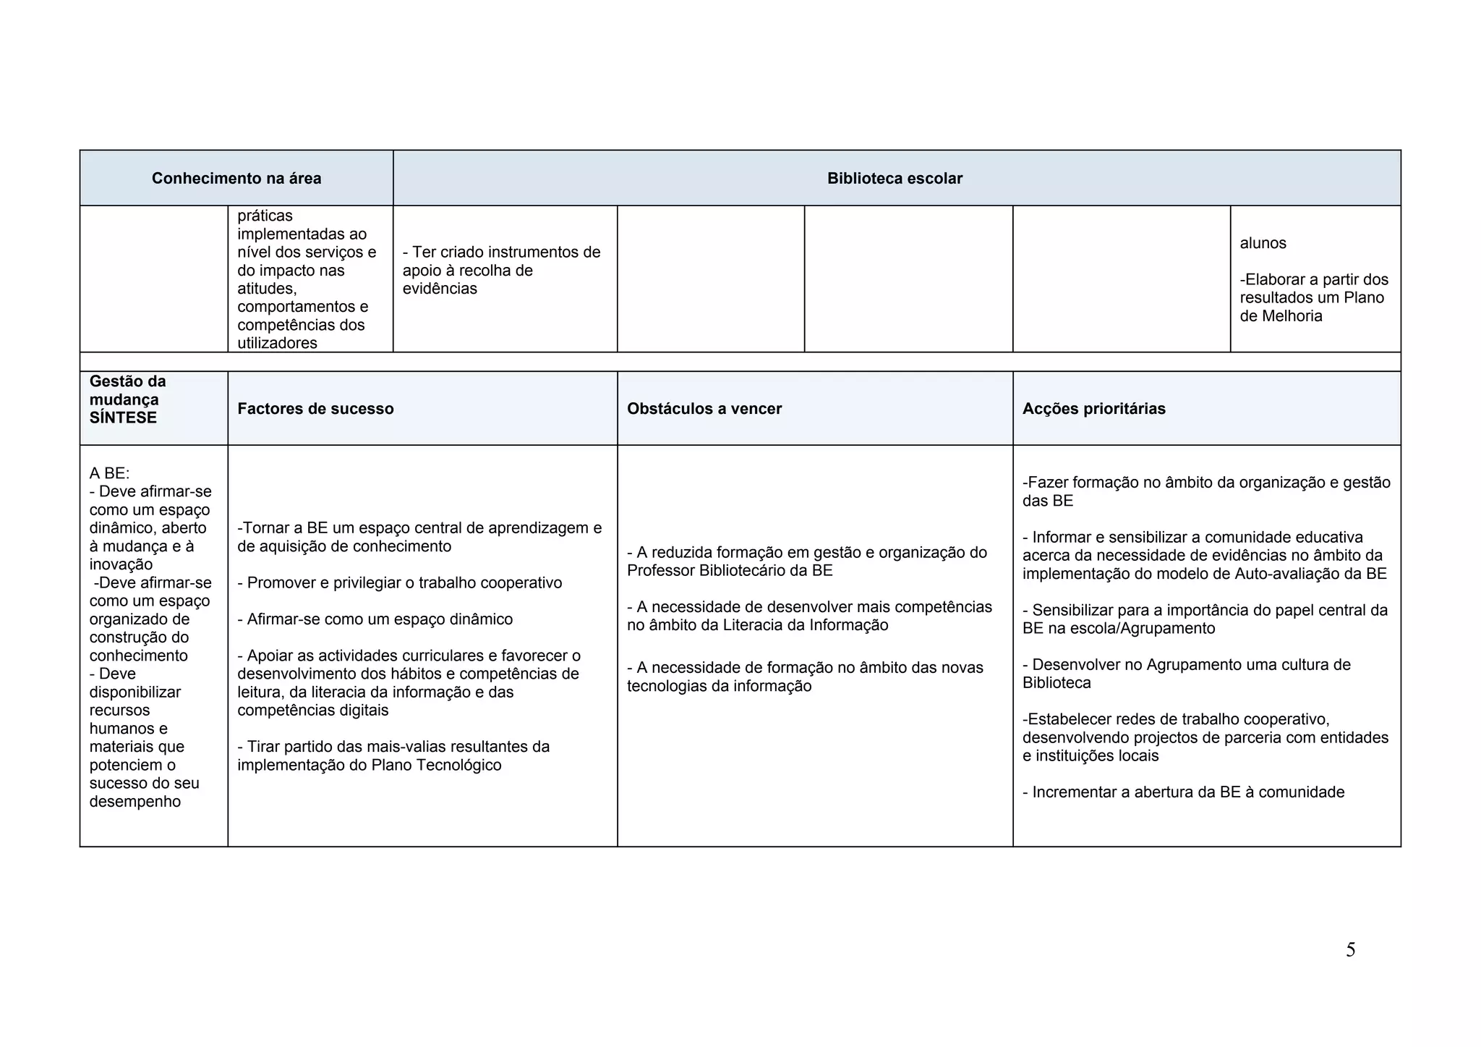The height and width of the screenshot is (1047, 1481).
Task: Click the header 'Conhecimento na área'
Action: [x=236, y=179]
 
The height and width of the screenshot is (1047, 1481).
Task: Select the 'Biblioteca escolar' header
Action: [x=895, y=179]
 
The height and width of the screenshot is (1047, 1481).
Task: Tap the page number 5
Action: [x=1350, y=950]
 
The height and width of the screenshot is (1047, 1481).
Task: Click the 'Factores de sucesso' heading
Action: [x=315, y=409]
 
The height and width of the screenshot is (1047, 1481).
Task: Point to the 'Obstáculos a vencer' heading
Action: [x=704, y=409]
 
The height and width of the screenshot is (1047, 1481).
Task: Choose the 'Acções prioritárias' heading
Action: [x=1093, y=409]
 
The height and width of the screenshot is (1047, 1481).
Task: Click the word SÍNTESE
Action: [x=123, y=418]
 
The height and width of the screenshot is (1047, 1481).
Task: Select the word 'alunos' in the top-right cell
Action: [x=1263, y=243]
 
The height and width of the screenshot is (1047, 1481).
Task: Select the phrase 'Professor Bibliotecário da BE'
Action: [x=730, y=571]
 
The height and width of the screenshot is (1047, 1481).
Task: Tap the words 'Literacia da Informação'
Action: [x=805, y=626]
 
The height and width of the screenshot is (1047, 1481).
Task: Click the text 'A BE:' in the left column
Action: [x=109, y=474]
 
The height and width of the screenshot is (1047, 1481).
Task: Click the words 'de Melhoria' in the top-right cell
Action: [x=1281, y=316]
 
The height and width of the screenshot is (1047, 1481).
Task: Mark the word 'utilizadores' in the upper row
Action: [x=277, y=344]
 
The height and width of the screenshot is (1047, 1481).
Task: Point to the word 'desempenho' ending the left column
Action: [x=135, y=802]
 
